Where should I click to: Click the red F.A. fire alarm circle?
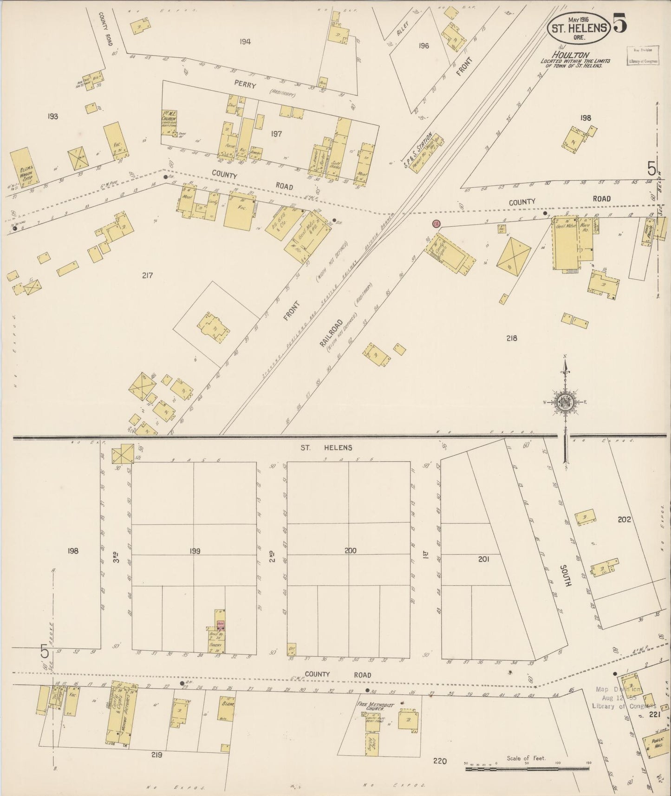pos(436,224)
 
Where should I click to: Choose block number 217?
pos(147,275)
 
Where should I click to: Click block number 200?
pos(351,551)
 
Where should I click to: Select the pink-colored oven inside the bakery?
pos(221,624)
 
